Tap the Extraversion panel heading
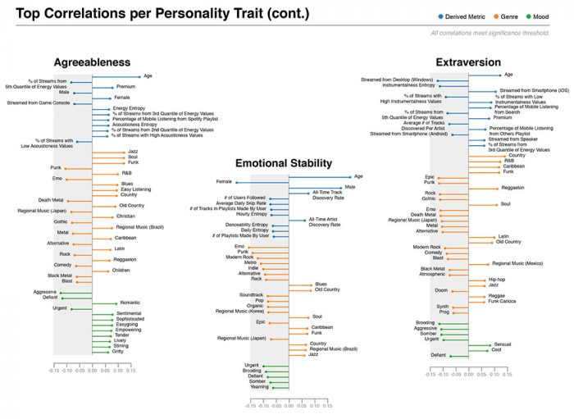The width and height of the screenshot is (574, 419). click(x=469, y=61)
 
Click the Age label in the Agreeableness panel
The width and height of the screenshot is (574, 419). click(x=148, y=75)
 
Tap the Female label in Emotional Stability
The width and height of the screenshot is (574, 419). click(x=224, y=181)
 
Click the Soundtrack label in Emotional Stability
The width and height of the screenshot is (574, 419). click(x=252, y=294)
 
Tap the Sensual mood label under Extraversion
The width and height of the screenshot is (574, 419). click(x=503, y=344)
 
